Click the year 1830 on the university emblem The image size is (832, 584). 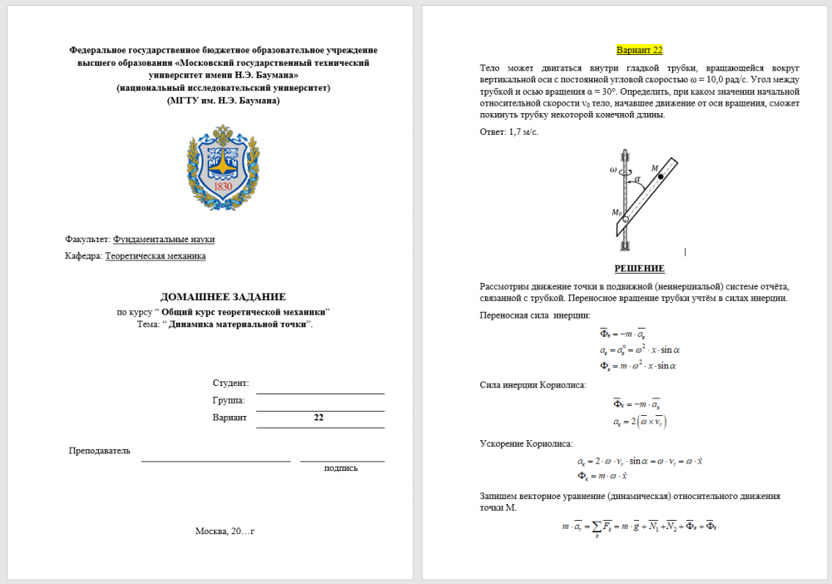(222, 186)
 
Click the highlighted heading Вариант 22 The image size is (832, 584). (639, 50)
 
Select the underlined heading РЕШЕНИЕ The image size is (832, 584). (639, 268)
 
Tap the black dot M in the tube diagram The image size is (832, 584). (660, 177)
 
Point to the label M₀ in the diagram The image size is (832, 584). (617, 212)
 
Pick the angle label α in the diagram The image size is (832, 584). (637, 178)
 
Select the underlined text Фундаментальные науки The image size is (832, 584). (164, 239)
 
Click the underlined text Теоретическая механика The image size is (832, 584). (156, 255)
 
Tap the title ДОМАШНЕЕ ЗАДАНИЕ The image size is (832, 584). (223, 296)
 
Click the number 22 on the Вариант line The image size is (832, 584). (319, 418)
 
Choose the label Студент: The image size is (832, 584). (230, 383)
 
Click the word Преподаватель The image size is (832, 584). (99, 450)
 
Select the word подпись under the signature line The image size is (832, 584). (341, 468)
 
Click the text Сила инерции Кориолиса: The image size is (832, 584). (532, 384)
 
